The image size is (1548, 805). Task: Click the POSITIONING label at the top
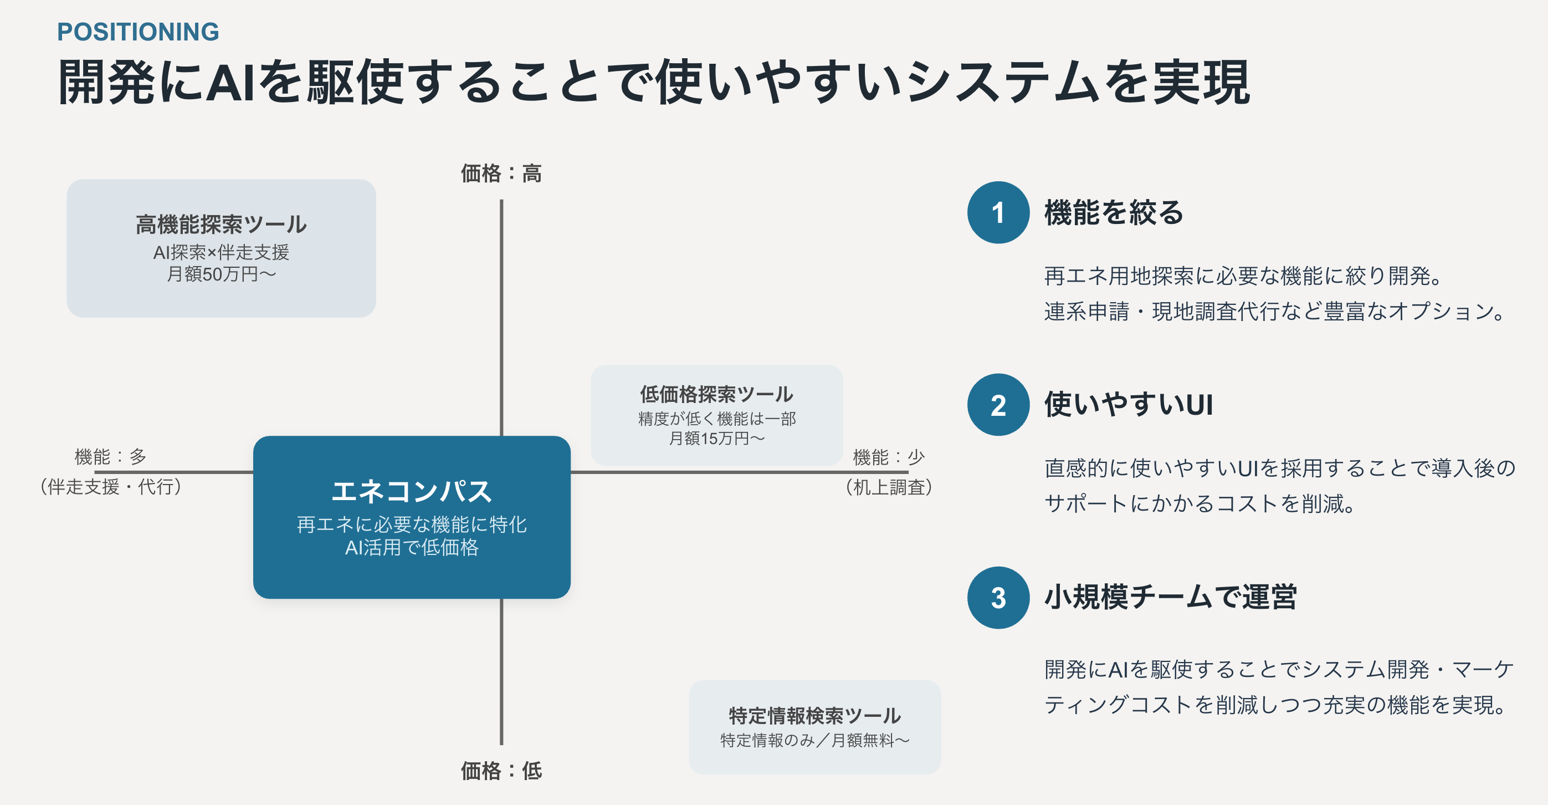138,32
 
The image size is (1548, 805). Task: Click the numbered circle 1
998,212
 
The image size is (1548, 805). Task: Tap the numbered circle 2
998,405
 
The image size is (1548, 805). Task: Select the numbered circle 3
998,598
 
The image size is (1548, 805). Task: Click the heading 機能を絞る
1114,212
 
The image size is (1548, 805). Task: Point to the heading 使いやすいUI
1129,404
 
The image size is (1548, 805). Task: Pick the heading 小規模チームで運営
1170,597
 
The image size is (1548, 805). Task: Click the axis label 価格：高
501,174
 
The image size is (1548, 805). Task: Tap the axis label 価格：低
501,770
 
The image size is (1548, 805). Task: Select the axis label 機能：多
111,457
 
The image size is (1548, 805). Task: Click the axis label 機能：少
889,457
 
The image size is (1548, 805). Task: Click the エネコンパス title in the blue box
412,491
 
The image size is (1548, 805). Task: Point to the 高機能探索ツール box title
221,225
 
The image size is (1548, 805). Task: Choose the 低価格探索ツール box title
716,394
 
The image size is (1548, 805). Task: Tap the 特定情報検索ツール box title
815,715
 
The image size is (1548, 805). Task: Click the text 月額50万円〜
221,274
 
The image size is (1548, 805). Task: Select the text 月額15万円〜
716,439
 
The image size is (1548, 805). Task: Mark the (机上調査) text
889,487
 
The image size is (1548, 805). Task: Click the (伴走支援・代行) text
111,486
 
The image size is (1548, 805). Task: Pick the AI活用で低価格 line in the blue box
412,547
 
